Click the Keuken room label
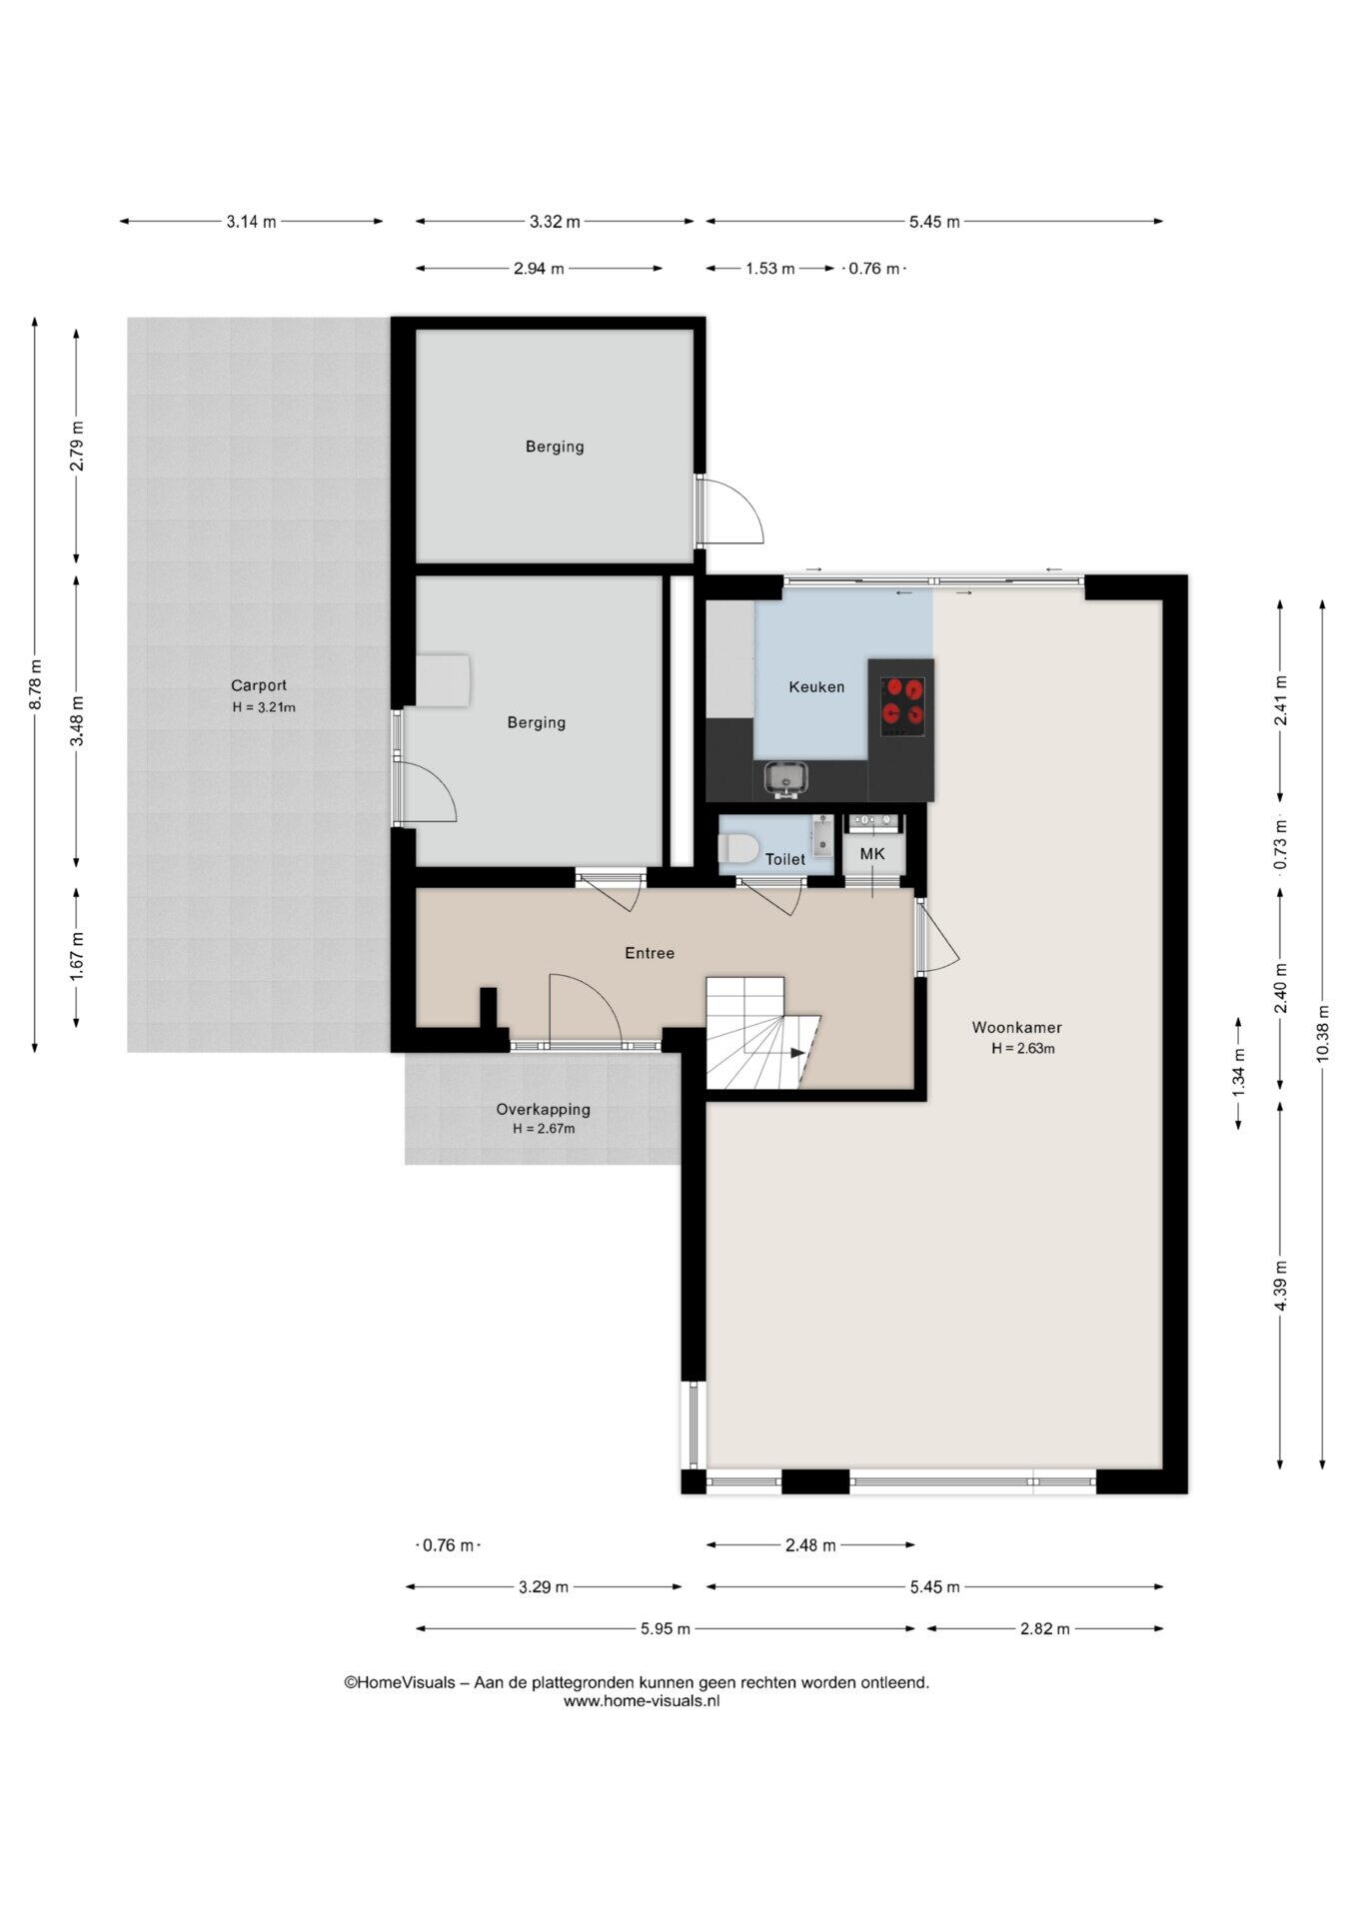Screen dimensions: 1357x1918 click(x=816, y=687)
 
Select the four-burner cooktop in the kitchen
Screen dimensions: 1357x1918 click(x=902, y=707)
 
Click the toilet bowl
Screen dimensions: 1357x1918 click(x=736, y=848)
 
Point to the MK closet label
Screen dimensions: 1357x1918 click(x=872, y=854)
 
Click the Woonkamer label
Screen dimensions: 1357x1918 click(x=1017, y=1027)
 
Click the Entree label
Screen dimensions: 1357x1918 click(x=650, y=953)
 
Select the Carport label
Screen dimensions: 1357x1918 click(x=259, y=685)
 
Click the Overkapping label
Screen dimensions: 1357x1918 click(x=544, y=1109)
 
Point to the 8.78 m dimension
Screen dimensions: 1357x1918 click(x=36, y=685)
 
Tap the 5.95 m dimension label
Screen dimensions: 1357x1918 click(x=666, y=1628)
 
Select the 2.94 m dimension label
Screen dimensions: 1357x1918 click(x=539, y=268)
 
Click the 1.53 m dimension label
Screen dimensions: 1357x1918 click(x=770, y=268)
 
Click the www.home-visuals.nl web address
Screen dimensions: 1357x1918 click(x=642, y=1701)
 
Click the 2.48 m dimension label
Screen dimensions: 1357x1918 click(x=810, y=1545)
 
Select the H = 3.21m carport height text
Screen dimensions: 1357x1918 click(x=264, y=707)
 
